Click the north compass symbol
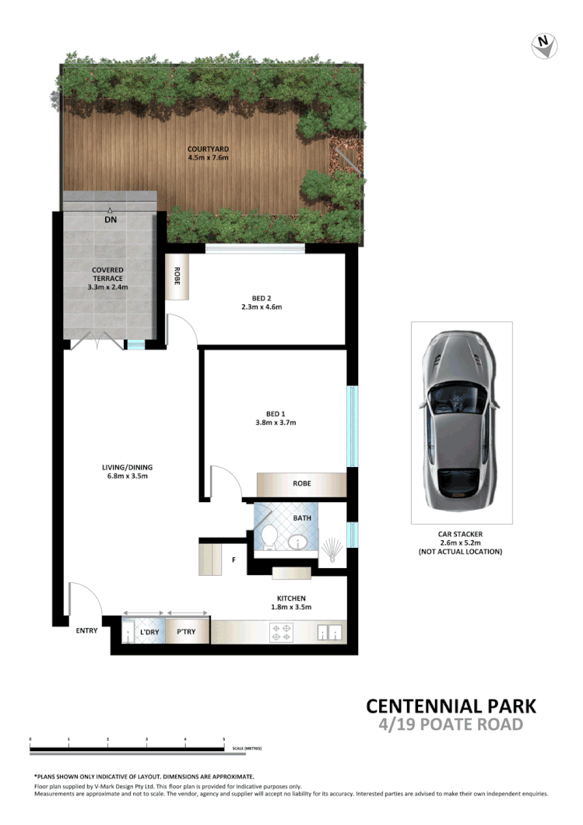pyautogui.click(x=545, y=46)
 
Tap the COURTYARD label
pyautogui.click(x=207, y=153)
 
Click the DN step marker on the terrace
pyautogui.click(x=110, y=219)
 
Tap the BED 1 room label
pyautogui.click(x=276, y=418)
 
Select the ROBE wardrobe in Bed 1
pyautogui.click(x=302, y=483)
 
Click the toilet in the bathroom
pyautogui.click(x=269, y=537)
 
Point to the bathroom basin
pyautogui.click(x=300, y=542)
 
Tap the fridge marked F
pyautogui.click(x=234, y=558)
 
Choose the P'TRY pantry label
pyautogui.click(x=187, y=632)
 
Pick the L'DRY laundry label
pyautogui.click(x=149, y=632)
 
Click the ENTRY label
pyautogui.click(x=86, y=630)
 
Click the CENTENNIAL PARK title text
pyautogui.click(x=451, y=706)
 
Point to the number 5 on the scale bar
pyautogui.click(x=223, y=739)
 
